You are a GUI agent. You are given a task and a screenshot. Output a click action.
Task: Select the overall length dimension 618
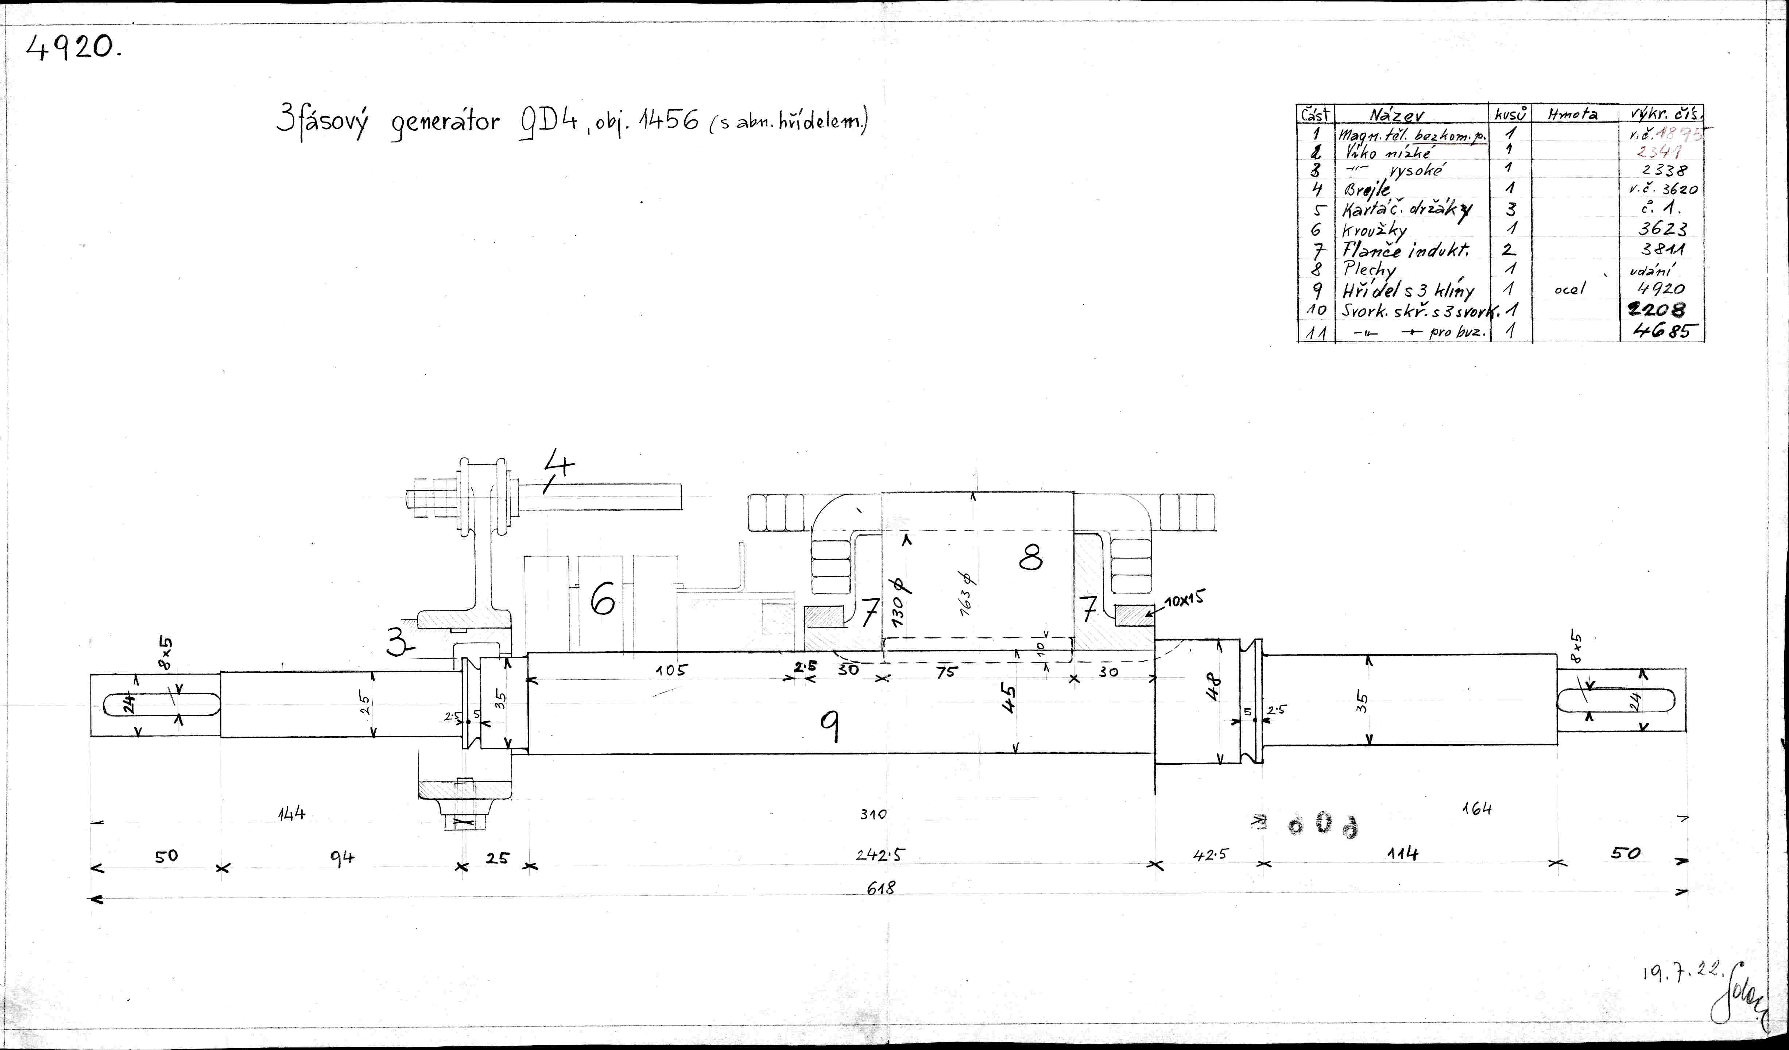[881, 887]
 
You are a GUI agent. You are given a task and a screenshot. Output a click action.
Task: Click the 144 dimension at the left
[291, 814]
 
